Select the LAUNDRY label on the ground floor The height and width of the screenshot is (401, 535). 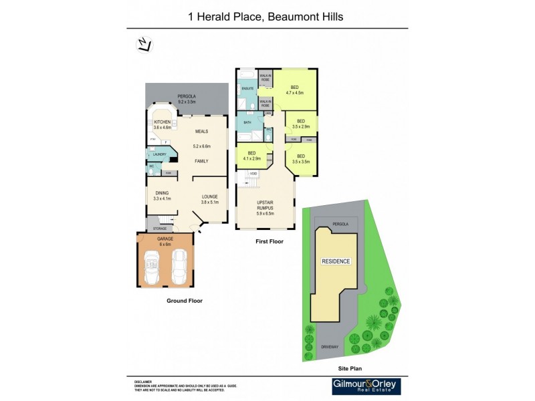(x=159, y=154)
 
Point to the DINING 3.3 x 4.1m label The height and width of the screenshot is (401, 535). (x=163, y=196)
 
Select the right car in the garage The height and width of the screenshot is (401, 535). (x=180, y=267)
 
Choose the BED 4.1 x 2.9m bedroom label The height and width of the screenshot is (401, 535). (x=253, y=155)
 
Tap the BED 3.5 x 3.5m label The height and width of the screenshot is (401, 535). (x=300, y=159)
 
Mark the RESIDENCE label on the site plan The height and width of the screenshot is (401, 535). (x=336, y=261)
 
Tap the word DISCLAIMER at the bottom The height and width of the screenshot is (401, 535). (x=143, y=380)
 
